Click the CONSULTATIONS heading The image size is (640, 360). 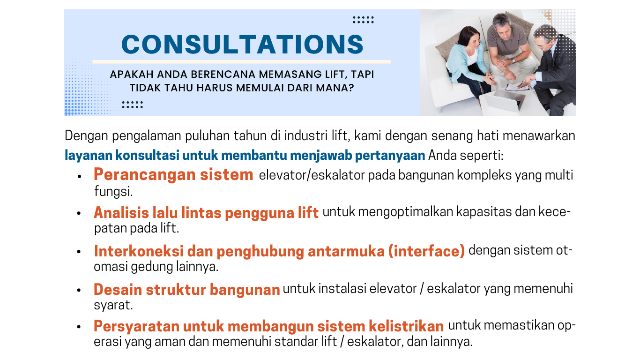point(242,44)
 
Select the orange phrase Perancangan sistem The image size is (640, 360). point(173,175)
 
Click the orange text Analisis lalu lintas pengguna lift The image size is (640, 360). point(206,213)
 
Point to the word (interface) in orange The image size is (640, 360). point(426,251)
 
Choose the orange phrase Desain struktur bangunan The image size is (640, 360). point(187,289)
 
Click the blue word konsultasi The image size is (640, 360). point(147,155)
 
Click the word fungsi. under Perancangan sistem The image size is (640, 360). point(113,191)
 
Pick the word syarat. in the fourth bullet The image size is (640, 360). point(113,305)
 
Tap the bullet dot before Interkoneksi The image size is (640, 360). point(79,252)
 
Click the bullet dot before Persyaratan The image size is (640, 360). point(79,327)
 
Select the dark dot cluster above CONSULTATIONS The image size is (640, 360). point(363,20)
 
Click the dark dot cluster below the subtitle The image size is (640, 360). point(132,105)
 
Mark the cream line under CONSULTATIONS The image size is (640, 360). point(242,62)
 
